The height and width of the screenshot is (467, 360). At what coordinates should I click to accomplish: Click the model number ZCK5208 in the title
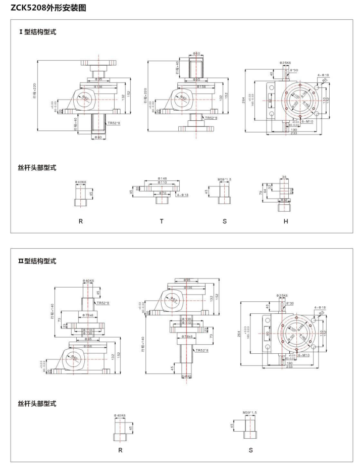pyautogui.click(x=28, y=8)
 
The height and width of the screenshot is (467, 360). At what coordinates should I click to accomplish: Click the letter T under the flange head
pyautogui.click(x=162, y=221)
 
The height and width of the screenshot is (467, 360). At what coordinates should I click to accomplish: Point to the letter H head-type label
pyautogui.click(x=285, y=221)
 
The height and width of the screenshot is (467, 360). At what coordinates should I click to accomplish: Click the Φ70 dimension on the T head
pyautogui.click(x=162, y=193)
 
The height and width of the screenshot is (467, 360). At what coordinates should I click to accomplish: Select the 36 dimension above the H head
pyautogui.click(x=284, y=177)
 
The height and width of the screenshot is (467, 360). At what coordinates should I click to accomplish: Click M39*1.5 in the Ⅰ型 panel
pyautogui.click(x=224, y=179)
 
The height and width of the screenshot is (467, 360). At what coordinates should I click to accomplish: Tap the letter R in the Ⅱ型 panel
pyautogui.click(x=120, y=449)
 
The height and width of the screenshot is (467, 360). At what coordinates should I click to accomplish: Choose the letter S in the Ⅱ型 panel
pyautogui.click(x=250, y=449)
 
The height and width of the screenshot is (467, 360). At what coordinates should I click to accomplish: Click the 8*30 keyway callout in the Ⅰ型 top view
pyautogui.click(x=294, y=70)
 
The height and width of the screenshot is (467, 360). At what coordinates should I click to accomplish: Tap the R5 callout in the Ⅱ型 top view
pyautogui.click(x=322, y=313)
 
